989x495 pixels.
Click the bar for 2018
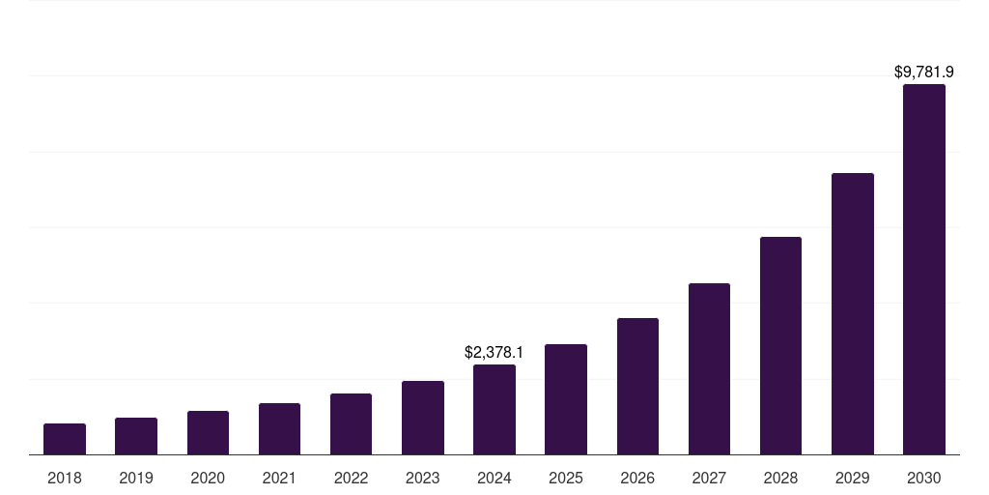point(65,439)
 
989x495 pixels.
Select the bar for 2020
point(208,433)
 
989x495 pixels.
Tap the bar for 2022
point(351,424)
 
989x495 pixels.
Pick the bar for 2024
point(494,410)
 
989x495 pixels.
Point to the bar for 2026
point(637,387)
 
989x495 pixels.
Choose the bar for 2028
point(780,346)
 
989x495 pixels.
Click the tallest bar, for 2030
point(924,270)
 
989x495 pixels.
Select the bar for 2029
point(853,314)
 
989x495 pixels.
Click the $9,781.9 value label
point(924,72)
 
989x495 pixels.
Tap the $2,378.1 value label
point(494,352)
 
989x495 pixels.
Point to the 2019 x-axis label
point(136,478)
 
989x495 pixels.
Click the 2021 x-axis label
point(279,478)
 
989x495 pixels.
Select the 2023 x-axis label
point(423,478)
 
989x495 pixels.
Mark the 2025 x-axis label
point(566,478)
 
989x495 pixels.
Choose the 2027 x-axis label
point(709,478)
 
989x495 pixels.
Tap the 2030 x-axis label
point(924,478)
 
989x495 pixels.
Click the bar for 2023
point(423,418)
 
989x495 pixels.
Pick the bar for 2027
point(709,369)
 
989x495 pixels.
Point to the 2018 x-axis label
point(65,478)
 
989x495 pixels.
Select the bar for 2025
point(566,399)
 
